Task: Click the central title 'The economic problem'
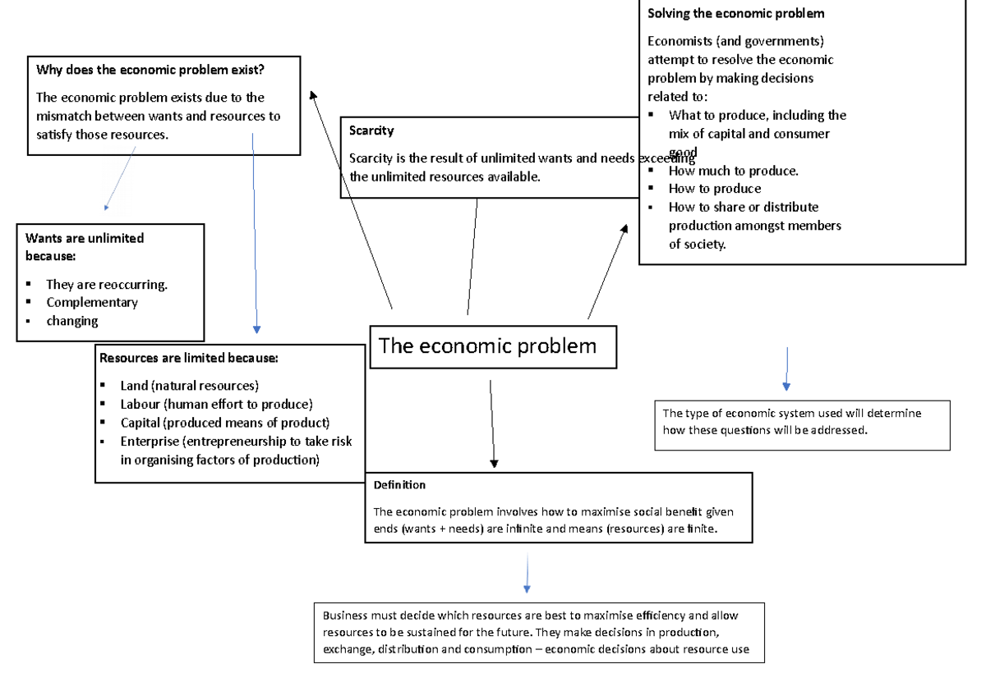click(x=487, y=346)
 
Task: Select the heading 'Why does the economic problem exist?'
click(x=150, y=70)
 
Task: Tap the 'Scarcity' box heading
click(x=371, y=130)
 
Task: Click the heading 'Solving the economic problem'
click(x=735, y=13)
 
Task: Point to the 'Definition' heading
click(x=399, y=485)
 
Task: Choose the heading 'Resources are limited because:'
click(x=189, y=358)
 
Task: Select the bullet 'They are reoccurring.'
click(x=107, y=285)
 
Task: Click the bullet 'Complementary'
click(x=92, y=302)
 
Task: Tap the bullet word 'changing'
click(x=72, y=321)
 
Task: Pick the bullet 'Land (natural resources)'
click(x=190, y=386)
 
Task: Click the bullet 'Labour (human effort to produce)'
click(x=216, y=404)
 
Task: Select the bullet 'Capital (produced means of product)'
click(x=224, y=423)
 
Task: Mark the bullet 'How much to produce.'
click(x=733, y=171)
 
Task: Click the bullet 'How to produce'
click(x=715, y=189)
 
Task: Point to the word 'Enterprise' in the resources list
click(x=150, y=442)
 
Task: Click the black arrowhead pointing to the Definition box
click(x=494, y=464)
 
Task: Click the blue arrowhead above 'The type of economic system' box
click(x=786, y=386)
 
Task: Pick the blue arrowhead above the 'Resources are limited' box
click(x=256, y=329)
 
